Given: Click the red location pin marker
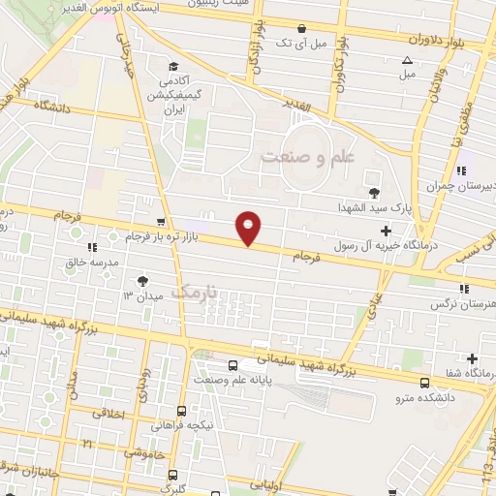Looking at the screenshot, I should tap(249, 228).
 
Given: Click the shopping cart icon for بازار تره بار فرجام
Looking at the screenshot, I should tap(161, 222).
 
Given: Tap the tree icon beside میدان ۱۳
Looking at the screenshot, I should tap(144, 280).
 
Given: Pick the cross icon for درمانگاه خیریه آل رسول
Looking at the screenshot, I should tap(387, 231).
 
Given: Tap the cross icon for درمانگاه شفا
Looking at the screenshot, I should tap(472, 357).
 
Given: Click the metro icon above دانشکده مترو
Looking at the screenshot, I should tap(425, 381).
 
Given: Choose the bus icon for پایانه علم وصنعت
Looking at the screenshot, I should tap(232, 365).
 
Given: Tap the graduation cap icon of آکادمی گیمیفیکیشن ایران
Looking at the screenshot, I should tap(172, 67).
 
